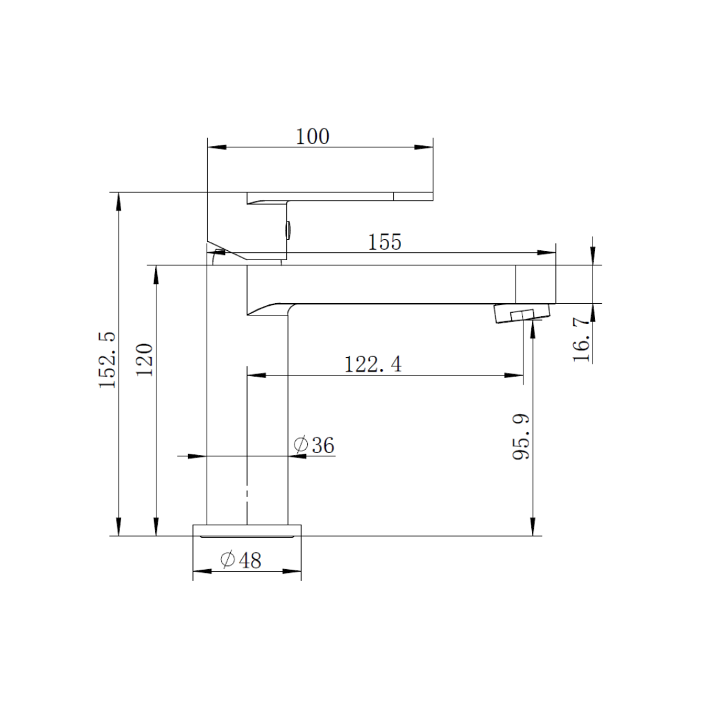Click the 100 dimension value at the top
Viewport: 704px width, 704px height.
tap(313, 137)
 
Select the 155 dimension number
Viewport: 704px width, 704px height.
tap(385, 242)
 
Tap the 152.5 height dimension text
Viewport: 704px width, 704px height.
tap(108, 359)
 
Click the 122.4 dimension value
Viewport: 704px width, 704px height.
tap(373, 364)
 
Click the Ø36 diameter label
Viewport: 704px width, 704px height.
tap(314, 445)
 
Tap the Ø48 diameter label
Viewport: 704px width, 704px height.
tap(241, 560)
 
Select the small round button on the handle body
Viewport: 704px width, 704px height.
tap(287, 229)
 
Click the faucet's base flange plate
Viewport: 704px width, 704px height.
tap(247, 529)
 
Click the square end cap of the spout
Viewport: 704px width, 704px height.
tap(536, 284)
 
